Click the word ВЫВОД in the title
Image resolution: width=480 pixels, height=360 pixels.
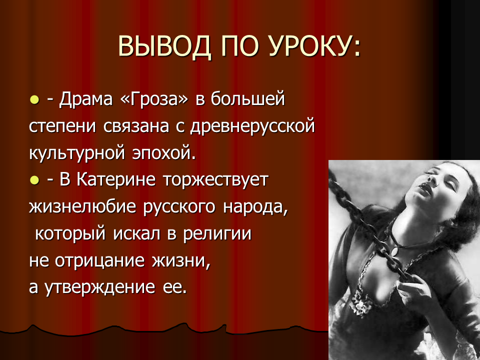pos(164,46)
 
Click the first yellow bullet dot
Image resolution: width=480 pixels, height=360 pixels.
pos(34,100)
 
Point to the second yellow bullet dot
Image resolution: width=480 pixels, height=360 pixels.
pos(34,180)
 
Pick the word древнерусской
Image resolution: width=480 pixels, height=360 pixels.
pos(252,126)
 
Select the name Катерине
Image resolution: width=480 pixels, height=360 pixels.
pos(116,179)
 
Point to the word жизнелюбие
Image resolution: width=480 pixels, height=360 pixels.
pos(82,207)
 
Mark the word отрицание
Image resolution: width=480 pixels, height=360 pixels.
pos(99,261)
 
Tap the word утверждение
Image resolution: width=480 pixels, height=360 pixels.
pos(100,288)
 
